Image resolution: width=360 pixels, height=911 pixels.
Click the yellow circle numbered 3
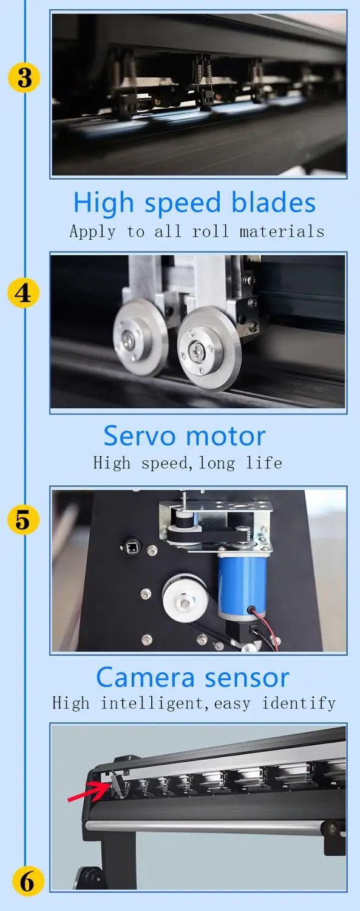(x=24, y=77)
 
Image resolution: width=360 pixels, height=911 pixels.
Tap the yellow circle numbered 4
(x=24, y=293)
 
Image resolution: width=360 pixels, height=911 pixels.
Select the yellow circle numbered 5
(x=24, y=519)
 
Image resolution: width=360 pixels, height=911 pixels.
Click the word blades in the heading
(x=273, y=202)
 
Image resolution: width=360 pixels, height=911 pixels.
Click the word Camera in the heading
(x=146, y=678)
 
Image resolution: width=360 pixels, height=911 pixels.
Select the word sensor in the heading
(x=246, y=678)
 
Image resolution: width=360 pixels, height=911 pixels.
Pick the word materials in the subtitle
(x=282, y=231)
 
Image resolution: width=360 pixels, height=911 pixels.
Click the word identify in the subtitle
(x=299, y=703)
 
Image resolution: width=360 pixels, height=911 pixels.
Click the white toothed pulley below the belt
(x=185, y=598)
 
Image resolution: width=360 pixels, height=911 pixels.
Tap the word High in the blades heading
(x=104, y=202)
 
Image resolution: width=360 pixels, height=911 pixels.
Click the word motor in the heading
(x=226, y=436)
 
